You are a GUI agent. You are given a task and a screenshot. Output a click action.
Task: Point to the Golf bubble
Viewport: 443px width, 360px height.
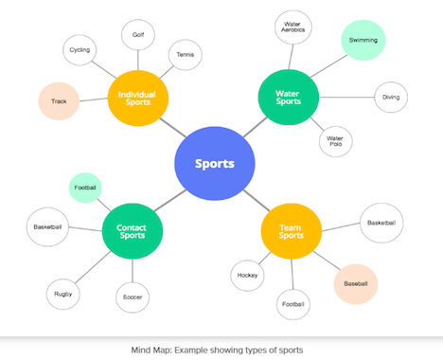click(x=139, y=35)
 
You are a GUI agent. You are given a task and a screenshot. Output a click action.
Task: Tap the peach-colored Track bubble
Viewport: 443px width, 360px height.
click(x=59, y=100)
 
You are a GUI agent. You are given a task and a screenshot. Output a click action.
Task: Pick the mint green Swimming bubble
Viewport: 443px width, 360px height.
click(x=363, y=41)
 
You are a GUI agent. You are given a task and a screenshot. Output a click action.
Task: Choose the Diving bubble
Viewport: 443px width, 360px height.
click(x=391, y=97)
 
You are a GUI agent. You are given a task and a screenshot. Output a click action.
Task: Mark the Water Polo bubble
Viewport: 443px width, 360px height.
click(x=335, y=141)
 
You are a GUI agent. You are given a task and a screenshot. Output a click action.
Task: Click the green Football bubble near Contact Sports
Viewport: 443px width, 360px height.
click(x=86, y=188)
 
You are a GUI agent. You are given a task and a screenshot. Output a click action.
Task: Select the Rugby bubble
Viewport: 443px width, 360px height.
click(x=62, y=294)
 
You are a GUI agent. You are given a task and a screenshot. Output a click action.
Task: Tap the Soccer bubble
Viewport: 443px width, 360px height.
click(x=133, y=297)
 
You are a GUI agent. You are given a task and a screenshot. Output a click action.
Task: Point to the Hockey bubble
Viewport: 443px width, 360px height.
click(x=247, y=276)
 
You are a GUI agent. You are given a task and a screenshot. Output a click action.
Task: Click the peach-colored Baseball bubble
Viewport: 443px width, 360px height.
click(x=355, y=282)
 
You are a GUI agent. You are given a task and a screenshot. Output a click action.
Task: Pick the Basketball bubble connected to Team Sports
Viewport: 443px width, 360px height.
click(x=381, y=223)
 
